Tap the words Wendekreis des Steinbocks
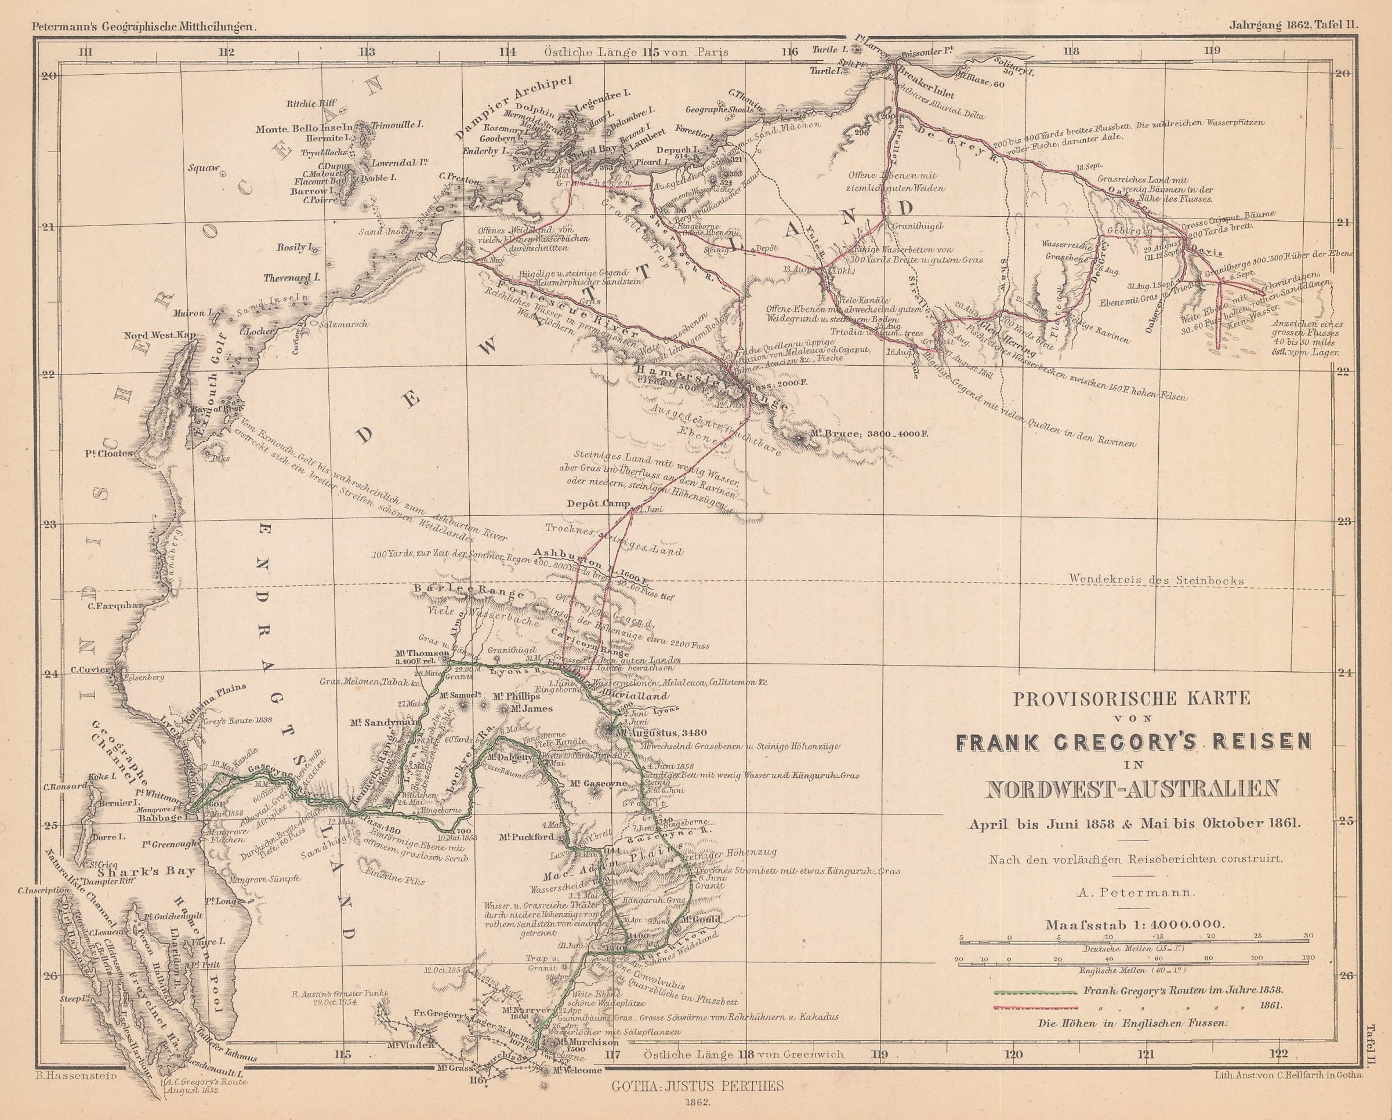pyautogui.click(x=1157, y=580)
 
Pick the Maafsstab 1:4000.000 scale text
pyautogui.click(x=1134, y=925)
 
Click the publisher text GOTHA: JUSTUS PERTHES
pyautogui.click(x=697, y=1086)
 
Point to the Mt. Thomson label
pyautogui.click(x=422, y=652)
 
